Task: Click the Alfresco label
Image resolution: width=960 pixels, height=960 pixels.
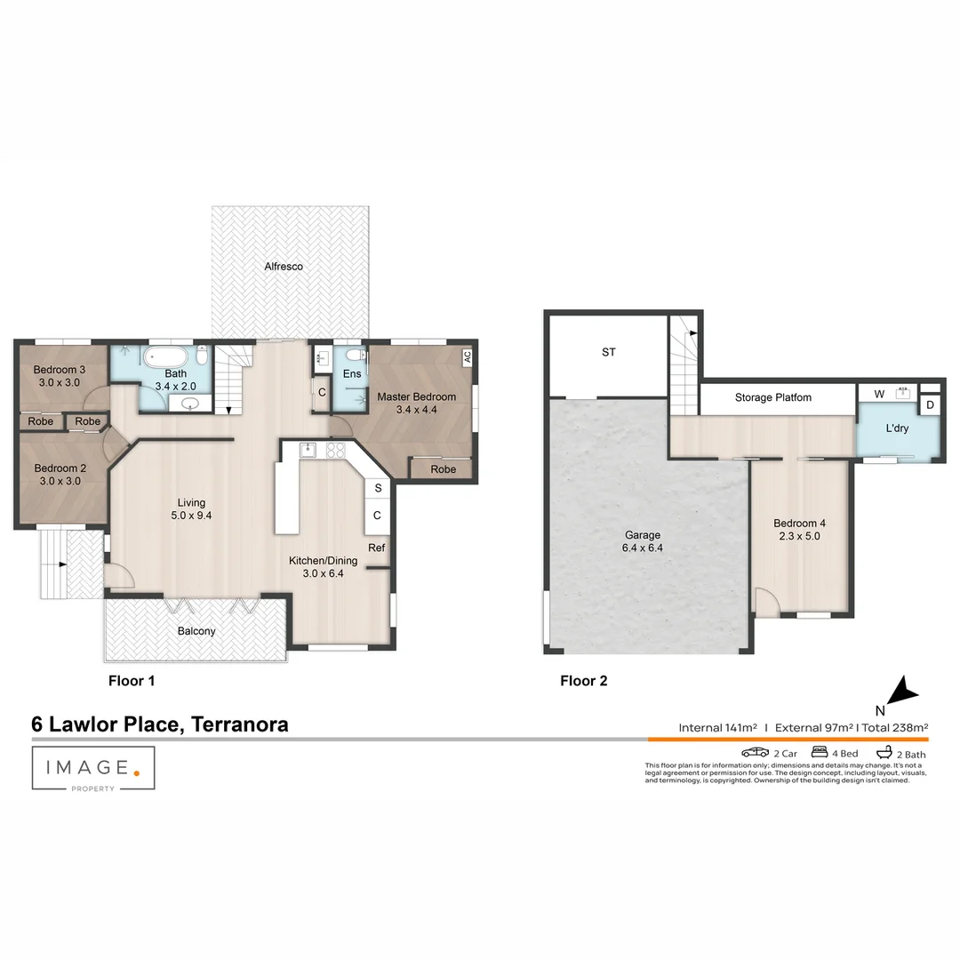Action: pyautogui.click(x=284, y=266)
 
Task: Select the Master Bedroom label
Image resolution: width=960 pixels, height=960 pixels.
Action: pyautogui.click(x=416, y=396)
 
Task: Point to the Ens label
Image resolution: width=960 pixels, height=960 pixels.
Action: pyautogui.click(x=352, y=374)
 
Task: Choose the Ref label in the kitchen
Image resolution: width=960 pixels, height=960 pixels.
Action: pyautogui.click(x=377, y=548)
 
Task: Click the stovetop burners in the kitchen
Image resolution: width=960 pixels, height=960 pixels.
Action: pyautogui.click(x=335, y=450)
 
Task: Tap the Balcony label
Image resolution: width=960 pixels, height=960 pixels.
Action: pyautogui.click(x=196, y=631)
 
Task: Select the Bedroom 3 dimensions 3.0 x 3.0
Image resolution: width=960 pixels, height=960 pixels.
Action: pyautogui.click(x=59, y=383)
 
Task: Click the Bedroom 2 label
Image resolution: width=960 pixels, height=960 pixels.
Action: pyautogui.click(x=60, y=468)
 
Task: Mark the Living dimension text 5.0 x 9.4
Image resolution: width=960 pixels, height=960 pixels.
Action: pyautogui.click(x=191, y=516)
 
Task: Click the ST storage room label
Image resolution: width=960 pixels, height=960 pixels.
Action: pyautogui.click(x=608, y=353)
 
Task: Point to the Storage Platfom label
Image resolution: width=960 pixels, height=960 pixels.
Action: pyautogui.click(x=772, y=397)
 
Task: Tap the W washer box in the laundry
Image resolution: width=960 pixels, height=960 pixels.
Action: pyautogui.click(x=879, y=393)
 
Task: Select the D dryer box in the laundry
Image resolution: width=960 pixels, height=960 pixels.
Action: pyautogui.click(x=930, y=405)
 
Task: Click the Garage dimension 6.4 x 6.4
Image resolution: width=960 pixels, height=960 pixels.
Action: pyautogui.click(x=642, y=548)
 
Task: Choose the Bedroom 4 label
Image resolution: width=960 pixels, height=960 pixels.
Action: pyautogui.click(x=800, y=524)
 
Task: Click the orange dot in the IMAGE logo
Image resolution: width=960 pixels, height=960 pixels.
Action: pyautogui.click(x=136, y=772)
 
